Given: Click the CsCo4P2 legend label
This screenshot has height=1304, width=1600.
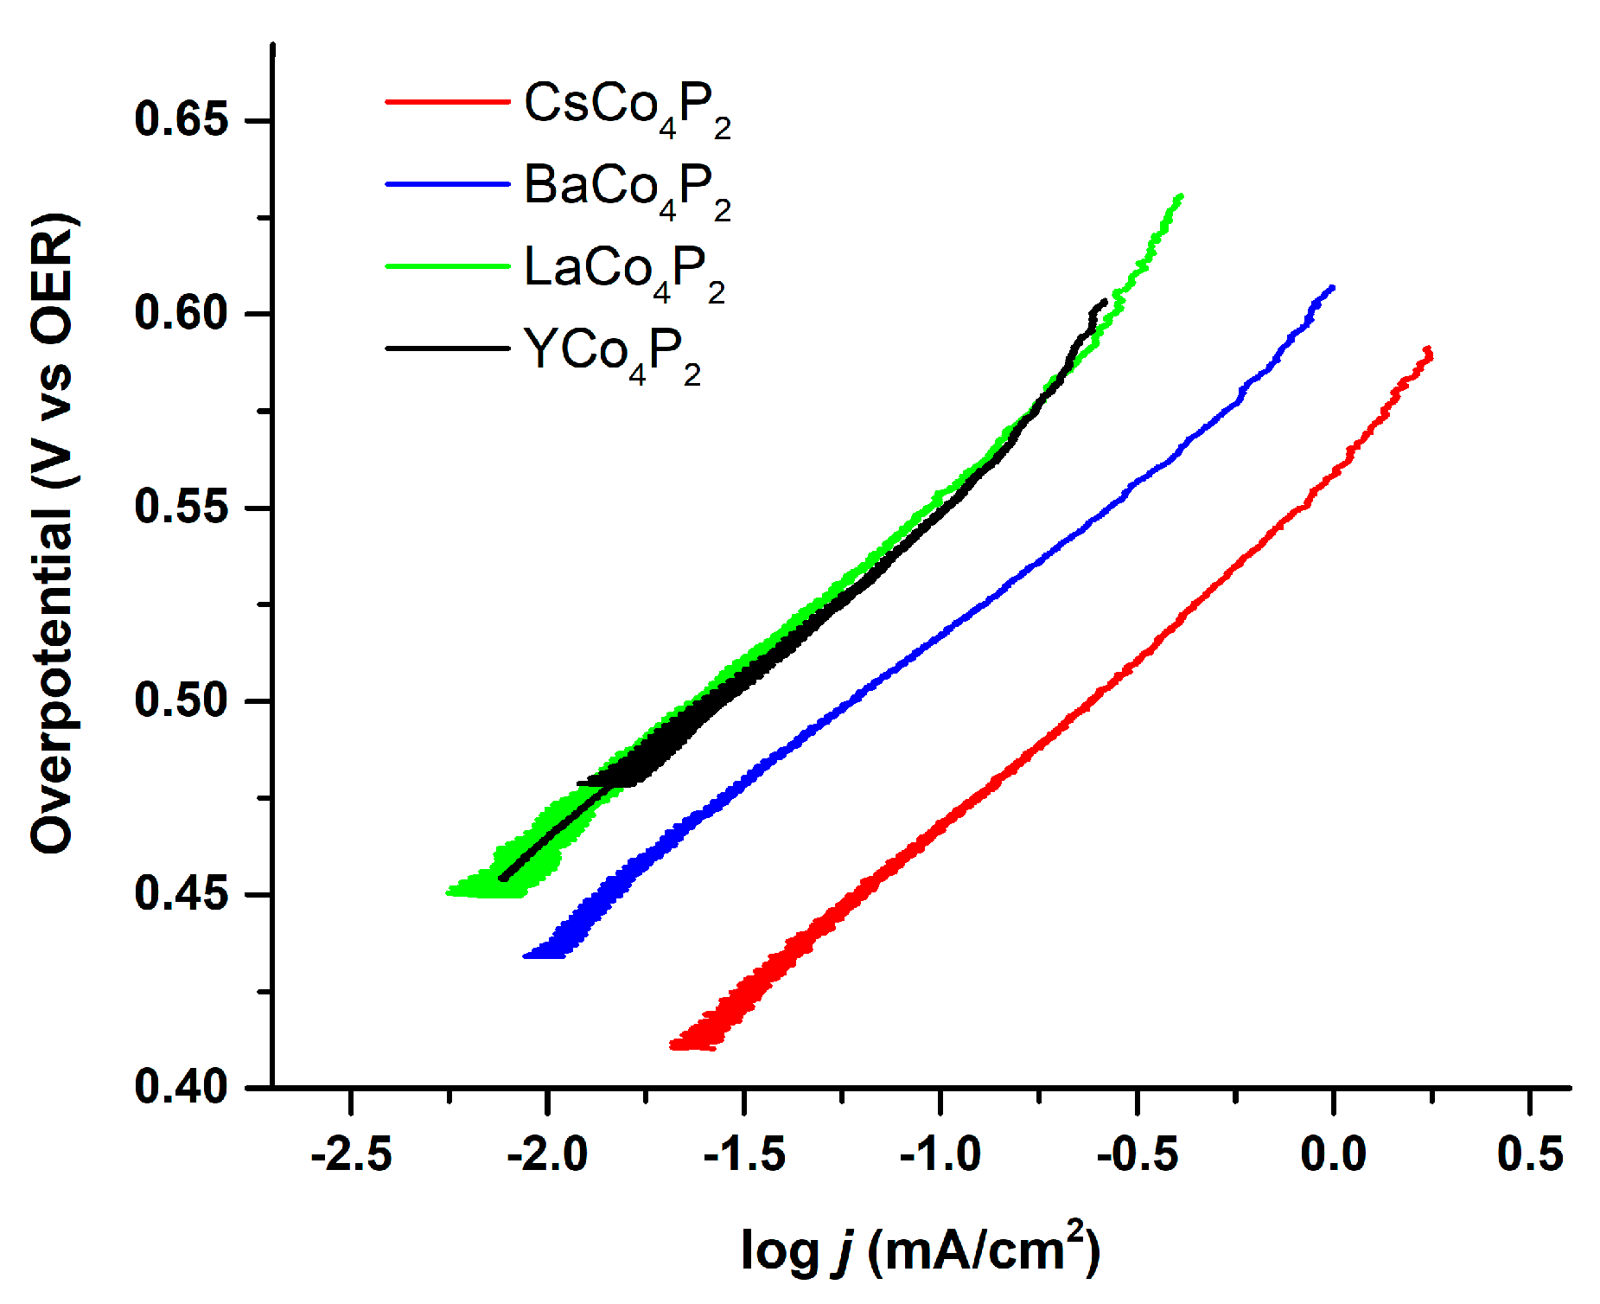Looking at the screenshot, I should click(x=627, y=107).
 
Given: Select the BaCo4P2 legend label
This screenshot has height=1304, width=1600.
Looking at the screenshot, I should click(x=627, y=189).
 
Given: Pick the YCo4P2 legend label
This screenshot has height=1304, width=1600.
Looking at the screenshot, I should click(x=612, y=354).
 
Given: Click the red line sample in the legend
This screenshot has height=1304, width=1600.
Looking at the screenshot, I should click(x=447, y=102).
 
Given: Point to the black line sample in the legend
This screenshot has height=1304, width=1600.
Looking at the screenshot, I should click(x=447, y=348).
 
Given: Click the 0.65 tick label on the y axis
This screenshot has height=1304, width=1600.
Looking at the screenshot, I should click(x=182, y=119).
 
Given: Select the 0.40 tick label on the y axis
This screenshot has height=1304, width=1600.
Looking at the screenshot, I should click(x=182, y=1087).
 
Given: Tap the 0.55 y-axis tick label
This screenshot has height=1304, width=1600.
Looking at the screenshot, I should click(x=182, y=507).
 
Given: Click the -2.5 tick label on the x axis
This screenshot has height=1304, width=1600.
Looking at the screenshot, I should click(x=351, y=1154).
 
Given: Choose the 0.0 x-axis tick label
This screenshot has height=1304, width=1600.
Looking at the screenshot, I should click(x=1333, y=1154).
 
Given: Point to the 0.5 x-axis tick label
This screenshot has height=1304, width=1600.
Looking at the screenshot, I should click(x=1530, y=1154).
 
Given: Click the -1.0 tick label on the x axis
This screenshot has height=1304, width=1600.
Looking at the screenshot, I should click(x=940, y=1154).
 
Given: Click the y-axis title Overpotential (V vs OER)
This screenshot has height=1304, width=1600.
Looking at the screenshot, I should click(x=54, y=534).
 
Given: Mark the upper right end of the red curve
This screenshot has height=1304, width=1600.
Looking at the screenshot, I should click(x=1429, y=350).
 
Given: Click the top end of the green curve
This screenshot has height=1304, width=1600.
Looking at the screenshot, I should click(x=1180, y=197).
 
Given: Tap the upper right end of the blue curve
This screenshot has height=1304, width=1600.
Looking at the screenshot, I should click(x=1332, y=287).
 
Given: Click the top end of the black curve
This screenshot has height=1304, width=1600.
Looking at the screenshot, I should click(x=1104, y=301).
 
